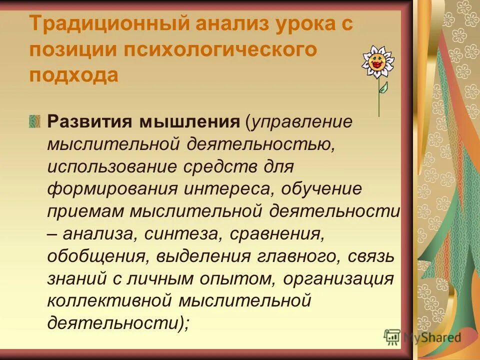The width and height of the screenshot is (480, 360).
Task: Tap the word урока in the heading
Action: pyautogui.click(x=288, y=24)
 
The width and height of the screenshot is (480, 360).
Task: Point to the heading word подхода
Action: pyautogui.click(x=73, y=75)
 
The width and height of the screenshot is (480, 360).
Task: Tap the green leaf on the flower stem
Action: pyautogui.click(x=383, y=87)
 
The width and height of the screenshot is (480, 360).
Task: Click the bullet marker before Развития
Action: pyautogui.click(x=34, y=121)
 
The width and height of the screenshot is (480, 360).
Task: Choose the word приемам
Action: pyautogui.click(x=85, y=212)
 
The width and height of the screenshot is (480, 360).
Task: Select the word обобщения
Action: pyautogui.click(x=97, y=256)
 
